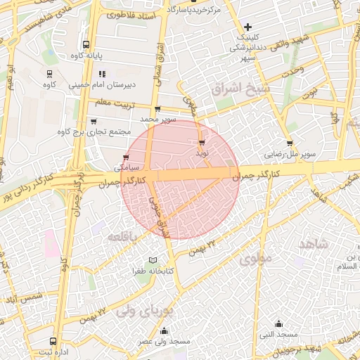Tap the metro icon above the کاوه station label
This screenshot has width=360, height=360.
coord(50,73)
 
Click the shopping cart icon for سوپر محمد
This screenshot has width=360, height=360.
coord(157,109)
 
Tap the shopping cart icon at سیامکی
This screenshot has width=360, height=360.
coord(126,157)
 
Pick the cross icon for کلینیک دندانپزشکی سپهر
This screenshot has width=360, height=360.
coord(247,27)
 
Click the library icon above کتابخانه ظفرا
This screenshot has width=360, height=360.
coord(153,260)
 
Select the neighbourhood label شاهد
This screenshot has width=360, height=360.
coord(314,243)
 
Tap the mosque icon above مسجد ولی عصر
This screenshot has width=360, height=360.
coord(165,330)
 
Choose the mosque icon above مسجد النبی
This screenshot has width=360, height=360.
coord(279,324)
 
